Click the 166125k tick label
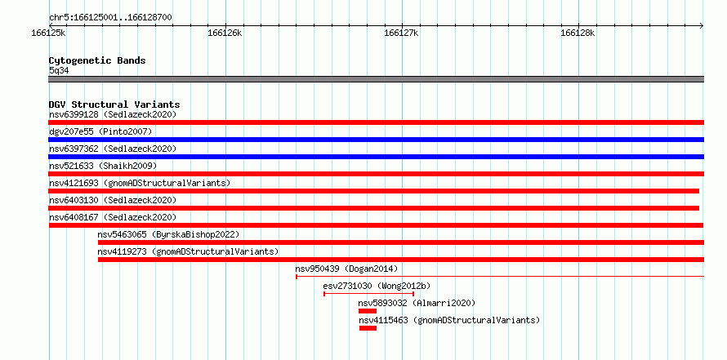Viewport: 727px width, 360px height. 48,33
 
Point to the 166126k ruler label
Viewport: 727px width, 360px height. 225,33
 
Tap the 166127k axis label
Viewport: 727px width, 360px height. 402,33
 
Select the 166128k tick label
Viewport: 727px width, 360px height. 578,33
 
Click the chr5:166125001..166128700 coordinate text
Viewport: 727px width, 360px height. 110,18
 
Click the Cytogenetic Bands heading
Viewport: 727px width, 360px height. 97,60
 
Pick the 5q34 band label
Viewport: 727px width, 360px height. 59,70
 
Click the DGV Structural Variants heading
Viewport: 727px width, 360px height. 114,104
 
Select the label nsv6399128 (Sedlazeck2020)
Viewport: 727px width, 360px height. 113,114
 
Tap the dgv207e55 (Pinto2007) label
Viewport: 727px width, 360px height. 100,131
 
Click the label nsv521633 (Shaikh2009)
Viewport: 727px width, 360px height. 103,166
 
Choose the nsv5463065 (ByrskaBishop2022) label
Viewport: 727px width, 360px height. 168,234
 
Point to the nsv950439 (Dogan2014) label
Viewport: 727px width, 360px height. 346,269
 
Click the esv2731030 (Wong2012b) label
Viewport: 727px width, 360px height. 377,286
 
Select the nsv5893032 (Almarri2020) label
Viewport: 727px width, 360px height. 417,303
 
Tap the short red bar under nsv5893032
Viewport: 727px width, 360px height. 368,311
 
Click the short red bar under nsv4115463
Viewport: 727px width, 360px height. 368,328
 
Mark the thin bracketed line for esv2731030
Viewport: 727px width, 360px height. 368,294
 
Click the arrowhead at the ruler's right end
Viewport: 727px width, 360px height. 702,25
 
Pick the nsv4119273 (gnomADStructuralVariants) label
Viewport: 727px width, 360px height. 188,251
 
